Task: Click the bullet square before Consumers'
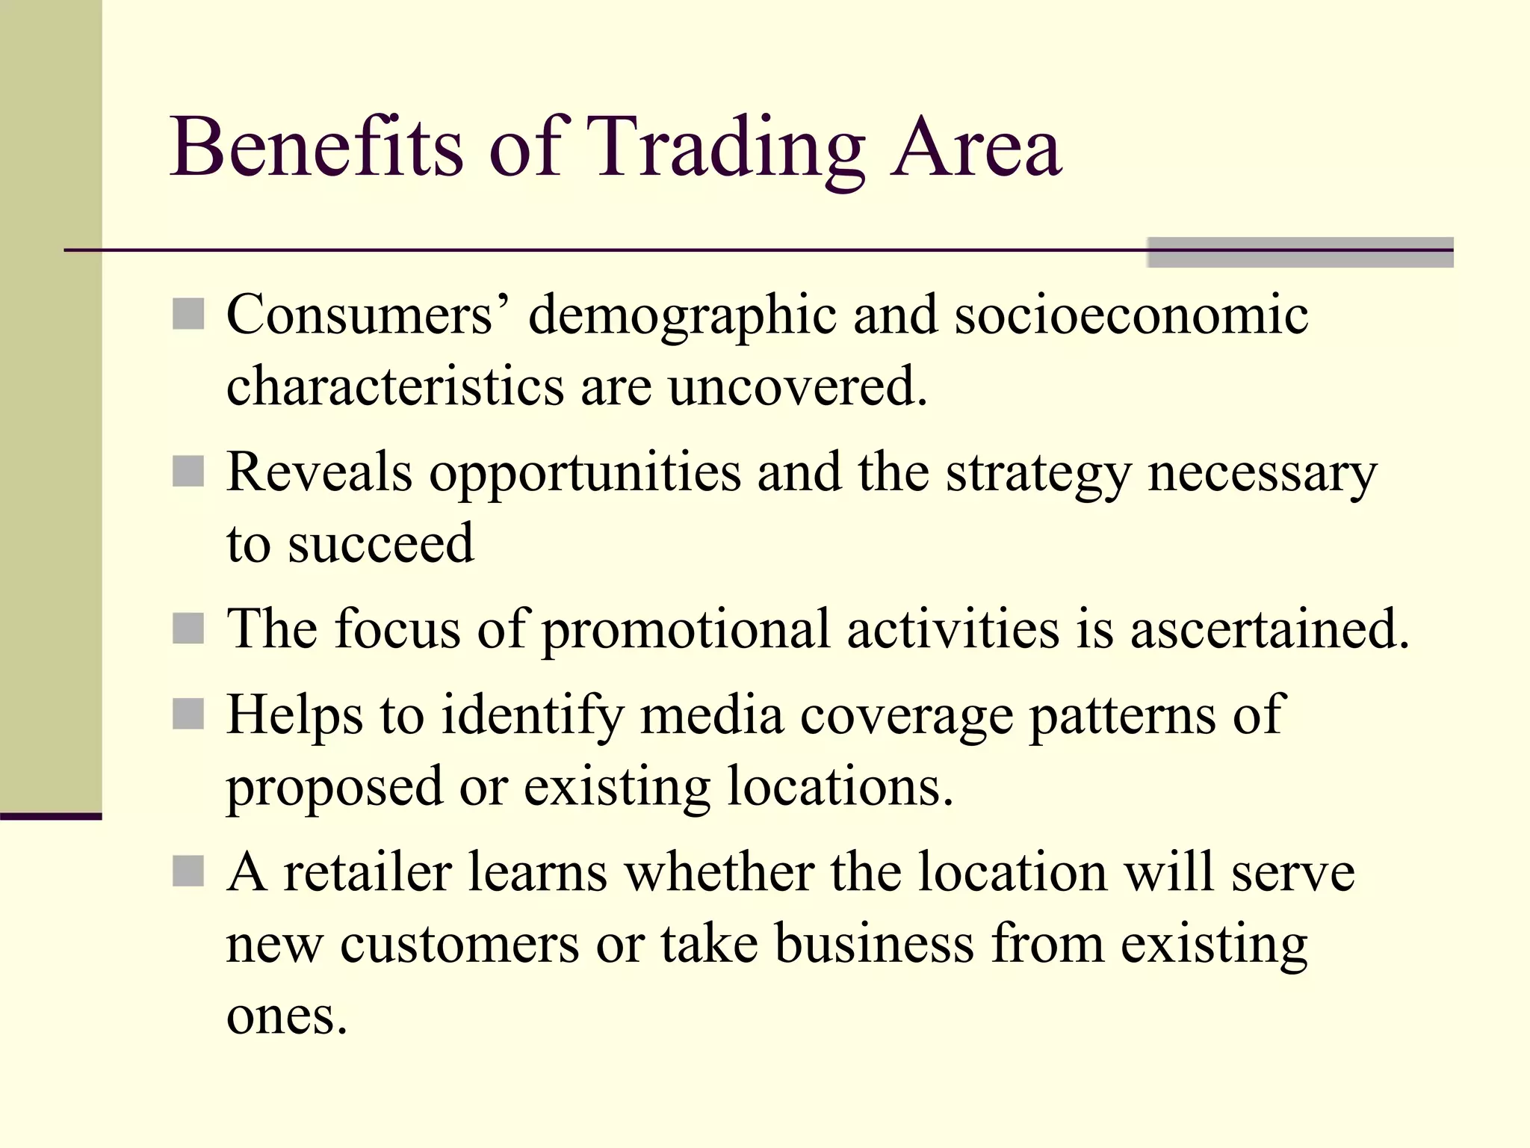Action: click(188, 314)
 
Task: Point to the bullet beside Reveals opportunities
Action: click(188, 472)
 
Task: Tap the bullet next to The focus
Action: click(188, 629)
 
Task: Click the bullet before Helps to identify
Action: click(188, 715)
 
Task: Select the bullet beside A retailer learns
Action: click(188, 871)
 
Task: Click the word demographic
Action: click(681, 317)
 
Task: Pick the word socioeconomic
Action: click(1131, 317)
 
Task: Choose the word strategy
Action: click(1038, 475)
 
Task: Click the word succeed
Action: click(381, 543)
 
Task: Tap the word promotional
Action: click(685, 631)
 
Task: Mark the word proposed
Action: click(334, 789)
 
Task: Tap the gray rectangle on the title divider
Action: click(1299, 252)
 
